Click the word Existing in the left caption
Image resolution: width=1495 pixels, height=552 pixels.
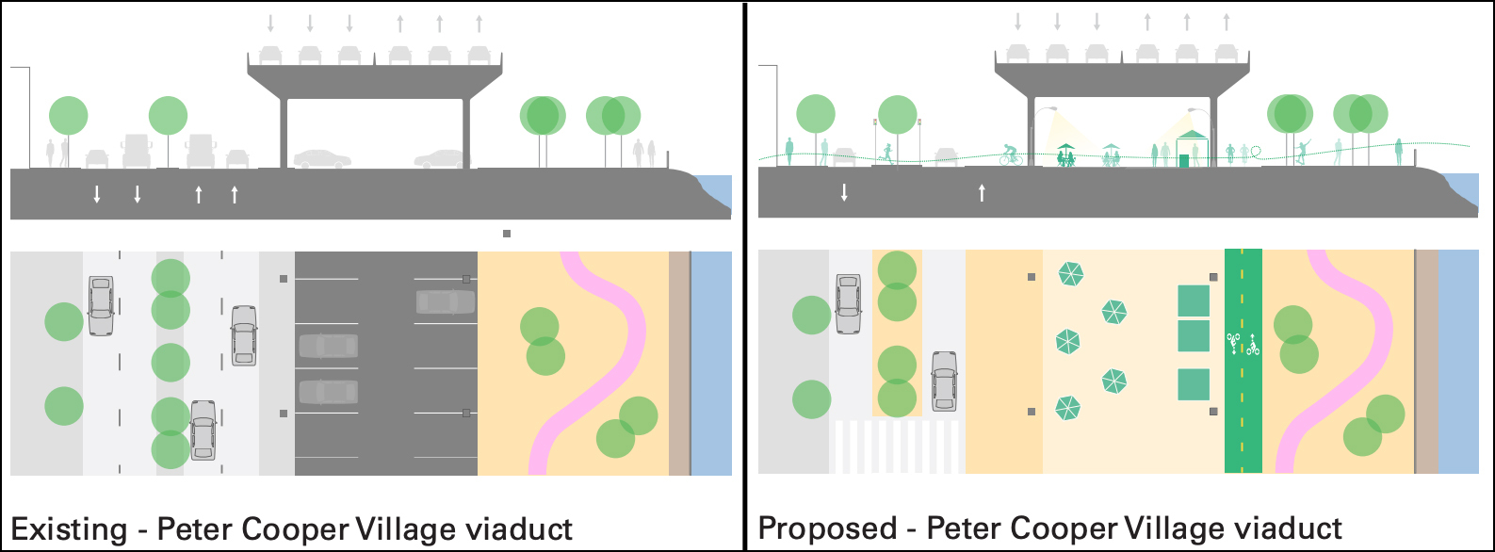(68, 529)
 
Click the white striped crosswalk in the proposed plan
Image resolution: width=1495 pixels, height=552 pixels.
(896, 446)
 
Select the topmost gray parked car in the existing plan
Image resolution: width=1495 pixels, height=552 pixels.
(446, 301)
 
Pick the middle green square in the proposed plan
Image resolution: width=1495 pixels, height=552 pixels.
(1194, 335)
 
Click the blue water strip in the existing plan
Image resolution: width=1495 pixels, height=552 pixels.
(711, 363)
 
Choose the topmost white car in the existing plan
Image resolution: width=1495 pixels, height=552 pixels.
(101, 305)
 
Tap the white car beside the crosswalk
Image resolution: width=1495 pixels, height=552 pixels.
(944, 382)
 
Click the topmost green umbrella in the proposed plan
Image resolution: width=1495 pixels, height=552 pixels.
(1071, 274)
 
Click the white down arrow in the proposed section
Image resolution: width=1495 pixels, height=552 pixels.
(844, 192)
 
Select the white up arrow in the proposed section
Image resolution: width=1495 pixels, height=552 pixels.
(982, 192)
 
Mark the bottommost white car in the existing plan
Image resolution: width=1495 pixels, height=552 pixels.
(203, 430)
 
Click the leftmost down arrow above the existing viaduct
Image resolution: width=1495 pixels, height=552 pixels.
(270, 23)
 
